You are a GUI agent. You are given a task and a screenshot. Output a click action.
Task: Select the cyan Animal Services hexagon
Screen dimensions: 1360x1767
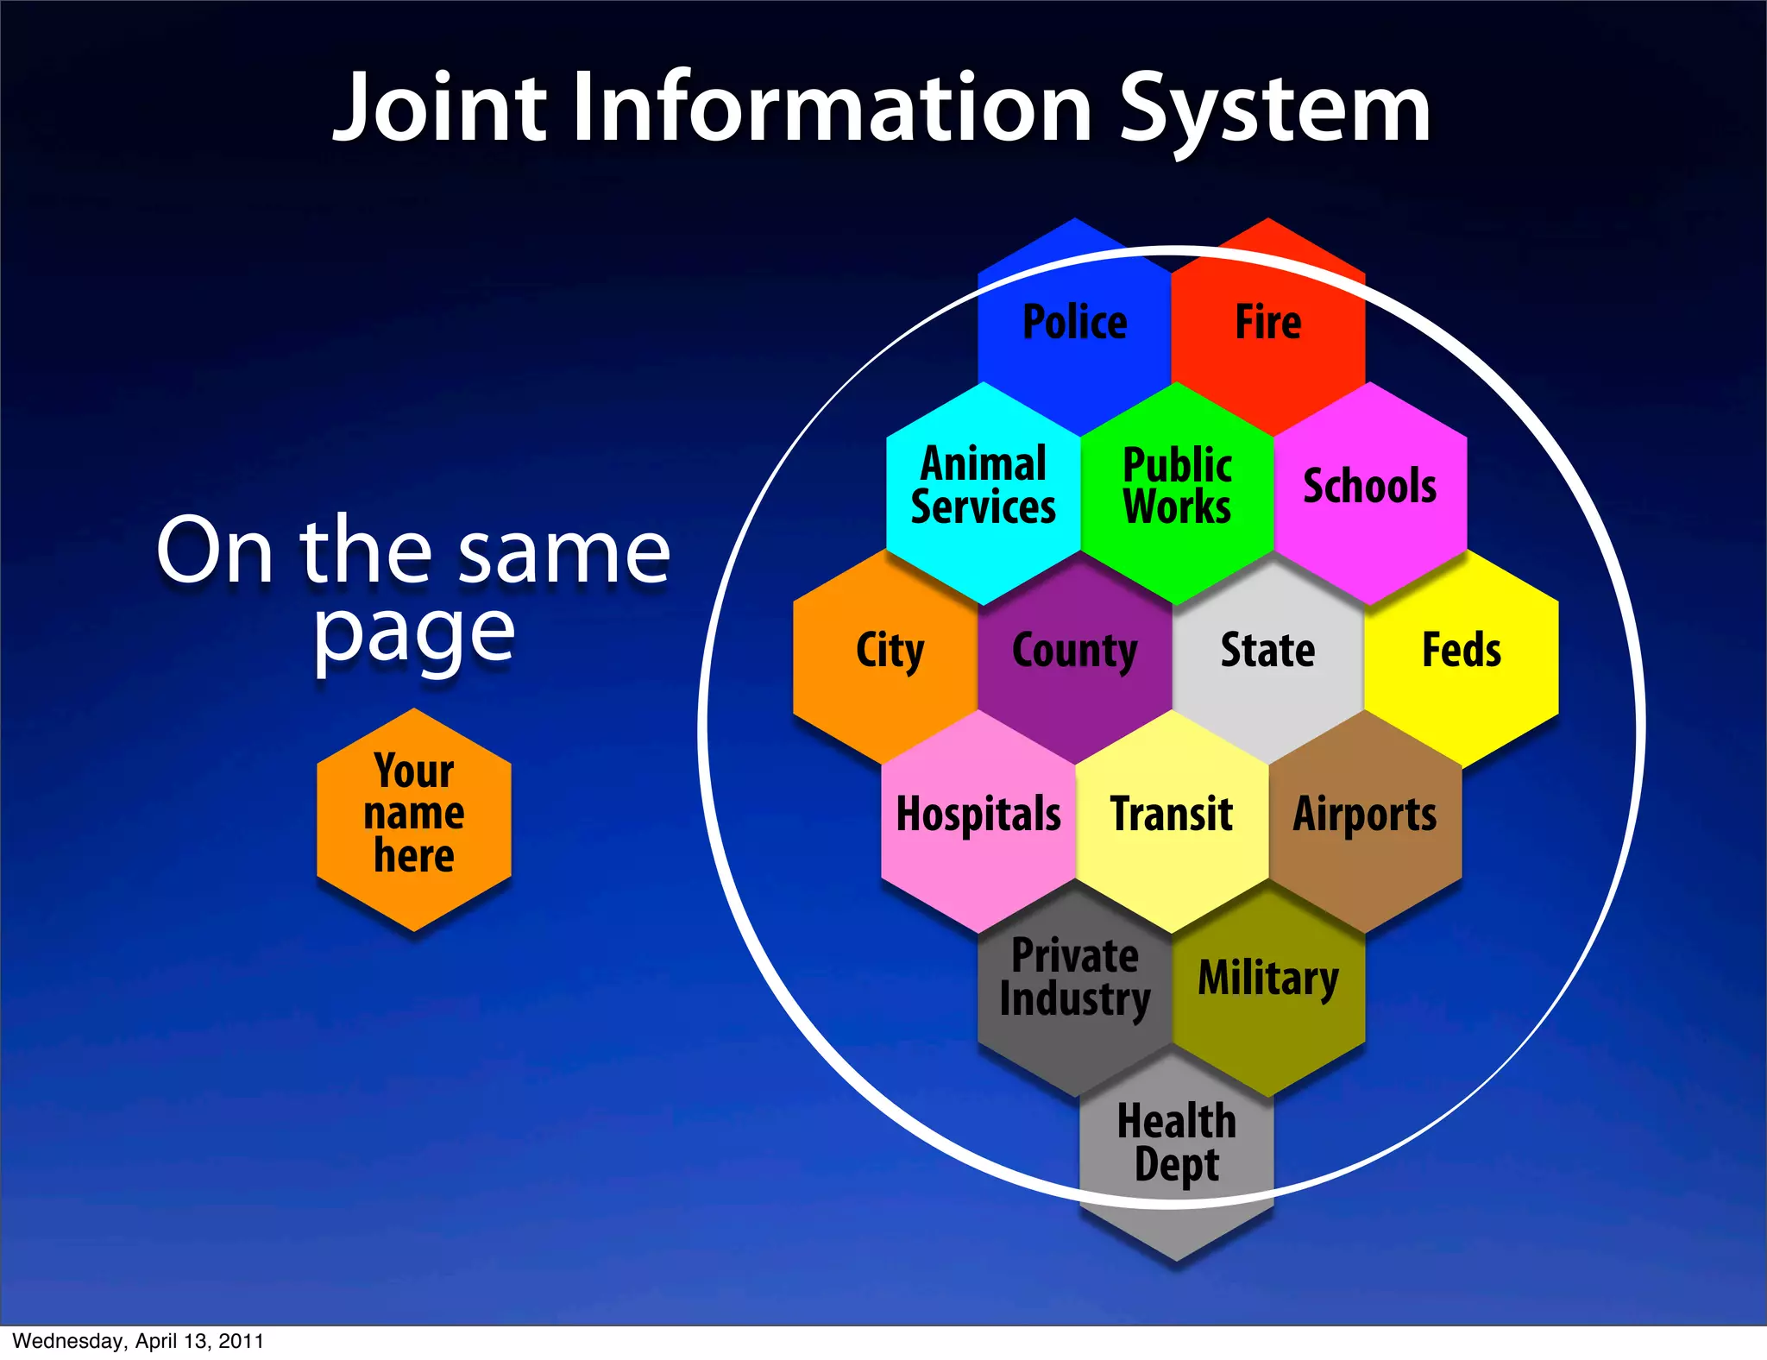983,488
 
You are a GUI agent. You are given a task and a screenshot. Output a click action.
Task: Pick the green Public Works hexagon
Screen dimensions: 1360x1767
1177,488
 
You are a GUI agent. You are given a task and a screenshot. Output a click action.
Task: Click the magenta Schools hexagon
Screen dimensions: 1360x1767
1370,488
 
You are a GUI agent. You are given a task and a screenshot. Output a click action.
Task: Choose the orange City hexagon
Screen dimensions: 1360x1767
889,652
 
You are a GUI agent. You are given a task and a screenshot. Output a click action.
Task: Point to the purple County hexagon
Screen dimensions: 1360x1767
1074,652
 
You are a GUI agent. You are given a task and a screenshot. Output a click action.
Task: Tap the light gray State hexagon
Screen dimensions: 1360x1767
1267,652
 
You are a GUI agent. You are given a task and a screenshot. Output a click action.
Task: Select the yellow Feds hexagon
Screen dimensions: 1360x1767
1462,652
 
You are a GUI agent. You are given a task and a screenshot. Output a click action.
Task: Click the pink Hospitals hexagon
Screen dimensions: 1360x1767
978,816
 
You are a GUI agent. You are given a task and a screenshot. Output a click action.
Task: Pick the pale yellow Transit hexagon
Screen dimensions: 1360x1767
1172,816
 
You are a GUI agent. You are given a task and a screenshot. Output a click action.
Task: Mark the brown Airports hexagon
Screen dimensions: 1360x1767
1365,816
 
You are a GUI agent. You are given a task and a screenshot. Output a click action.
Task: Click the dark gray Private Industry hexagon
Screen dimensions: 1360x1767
1074,980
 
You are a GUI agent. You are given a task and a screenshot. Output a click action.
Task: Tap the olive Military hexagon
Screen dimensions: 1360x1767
1268,980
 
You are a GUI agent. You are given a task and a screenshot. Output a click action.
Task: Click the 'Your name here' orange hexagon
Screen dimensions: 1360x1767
414,816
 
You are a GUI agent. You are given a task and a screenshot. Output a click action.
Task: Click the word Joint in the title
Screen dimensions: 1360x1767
441,109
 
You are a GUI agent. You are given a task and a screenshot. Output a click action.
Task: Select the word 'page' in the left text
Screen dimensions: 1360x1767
414,634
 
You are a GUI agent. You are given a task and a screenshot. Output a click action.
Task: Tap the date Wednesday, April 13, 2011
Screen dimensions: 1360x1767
138,1341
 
